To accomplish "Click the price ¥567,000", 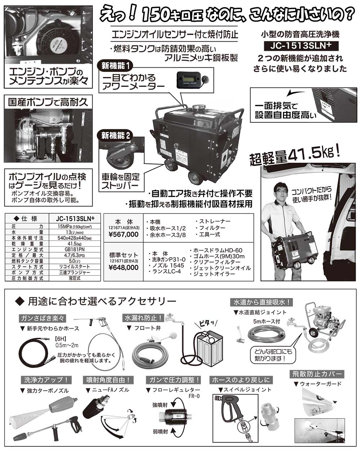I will (x=123, y=234).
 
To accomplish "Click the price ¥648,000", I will (x=123, y=267).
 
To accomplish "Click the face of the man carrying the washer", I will (x=280, y=190).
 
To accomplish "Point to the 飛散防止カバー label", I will (x=317, y=374).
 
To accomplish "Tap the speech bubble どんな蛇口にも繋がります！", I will (x=272, y=355).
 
